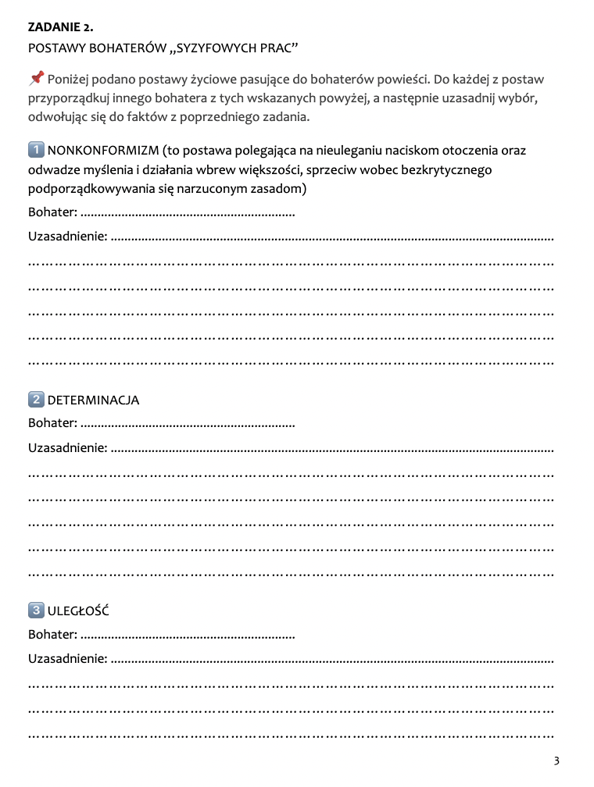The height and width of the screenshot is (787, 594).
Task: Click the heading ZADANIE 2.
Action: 60,27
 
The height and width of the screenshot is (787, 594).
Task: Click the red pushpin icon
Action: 36,78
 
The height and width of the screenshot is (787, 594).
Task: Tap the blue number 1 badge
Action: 36,150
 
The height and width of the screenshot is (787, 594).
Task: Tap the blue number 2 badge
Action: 36,400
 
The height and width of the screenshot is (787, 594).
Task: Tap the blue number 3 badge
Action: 36,611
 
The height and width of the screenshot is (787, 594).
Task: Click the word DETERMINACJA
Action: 93,401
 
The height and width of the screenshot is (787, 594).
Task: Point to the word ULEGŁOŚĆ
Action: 77,611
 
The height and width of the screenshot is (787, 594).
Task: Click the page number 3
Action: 556,761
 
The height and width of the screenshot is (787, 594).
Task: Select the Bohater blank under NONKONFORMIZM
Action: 188,213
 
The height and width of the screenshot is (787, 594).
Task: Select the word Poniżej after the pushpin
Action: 70,80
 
